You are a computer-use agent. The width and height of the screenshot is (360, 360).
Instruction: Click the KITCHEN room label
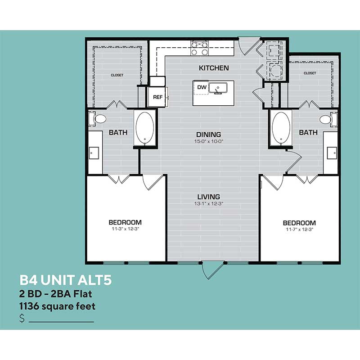pos(214,68)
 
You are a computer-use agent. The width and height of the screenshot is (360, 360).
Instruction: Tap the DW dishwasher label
pos(202,87)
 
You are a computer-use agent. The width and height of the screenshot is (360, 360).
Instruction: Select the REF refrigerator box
pos(157,97)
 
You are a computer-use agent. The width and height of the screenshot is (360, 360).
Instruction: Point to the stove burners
pos(199,48)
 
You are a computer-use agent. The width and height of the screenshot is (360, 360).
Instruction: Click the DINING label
pos(208,135)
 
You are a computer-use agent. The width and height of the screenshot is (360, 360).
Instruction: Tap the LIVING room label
pos(208,197)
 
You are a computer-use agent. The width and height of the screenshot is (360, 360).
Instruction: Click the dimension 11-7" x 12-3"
pos(299,229)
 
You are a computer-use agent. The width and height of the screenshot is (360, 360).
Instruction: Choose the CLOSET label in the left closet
pos(117,75)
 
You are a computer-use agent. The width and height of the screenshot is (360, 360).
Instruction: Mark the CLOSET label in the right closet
pos(310,73)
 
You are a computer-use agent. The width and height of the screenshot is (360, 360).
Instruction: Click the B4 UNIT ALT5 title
pos(65,281)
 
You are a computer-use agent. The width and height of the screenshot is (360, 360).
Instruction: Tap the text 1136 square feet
pos(57,306)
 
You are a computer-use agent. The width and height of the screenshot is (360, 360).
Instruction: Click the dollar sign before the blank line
pos(22,319)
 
